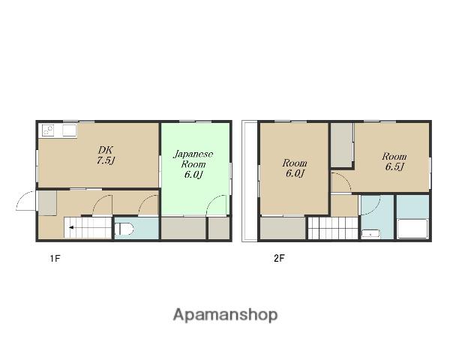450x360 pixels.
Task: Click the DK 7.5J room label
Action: [106, 155]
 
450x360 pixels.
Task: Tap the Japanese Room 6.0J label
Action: [193, 164]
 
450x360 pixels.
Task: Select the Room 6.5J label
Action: [394, 162]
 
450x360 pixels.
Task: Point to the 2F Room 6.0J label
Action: [295, 168]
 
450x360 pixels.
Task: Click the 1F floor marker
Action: [55, 258]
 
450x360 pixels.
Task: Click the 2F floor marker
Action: [279, 258]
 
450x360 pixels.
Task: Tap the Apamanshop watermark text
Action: [225, 315]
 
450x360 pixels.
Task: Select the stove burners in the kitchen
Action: [48, 130]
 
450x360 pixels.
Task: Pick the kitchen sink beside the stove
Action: [70, 130]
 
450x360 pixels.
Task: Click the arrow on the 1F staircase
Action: [71, 228]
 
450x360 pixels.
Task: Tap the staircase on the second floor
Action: [333, 228]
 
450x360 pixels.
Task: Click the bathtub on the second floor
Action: [413, 229]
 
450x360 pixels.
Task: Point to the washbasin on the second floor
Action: [370, 234]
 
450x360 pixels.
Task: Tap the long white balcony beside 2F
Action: [250, 181]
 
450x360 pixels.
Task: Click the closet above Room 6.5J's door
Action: [341, 145]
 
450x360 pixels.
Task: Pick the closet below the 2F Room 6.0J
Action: [283, 228]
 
